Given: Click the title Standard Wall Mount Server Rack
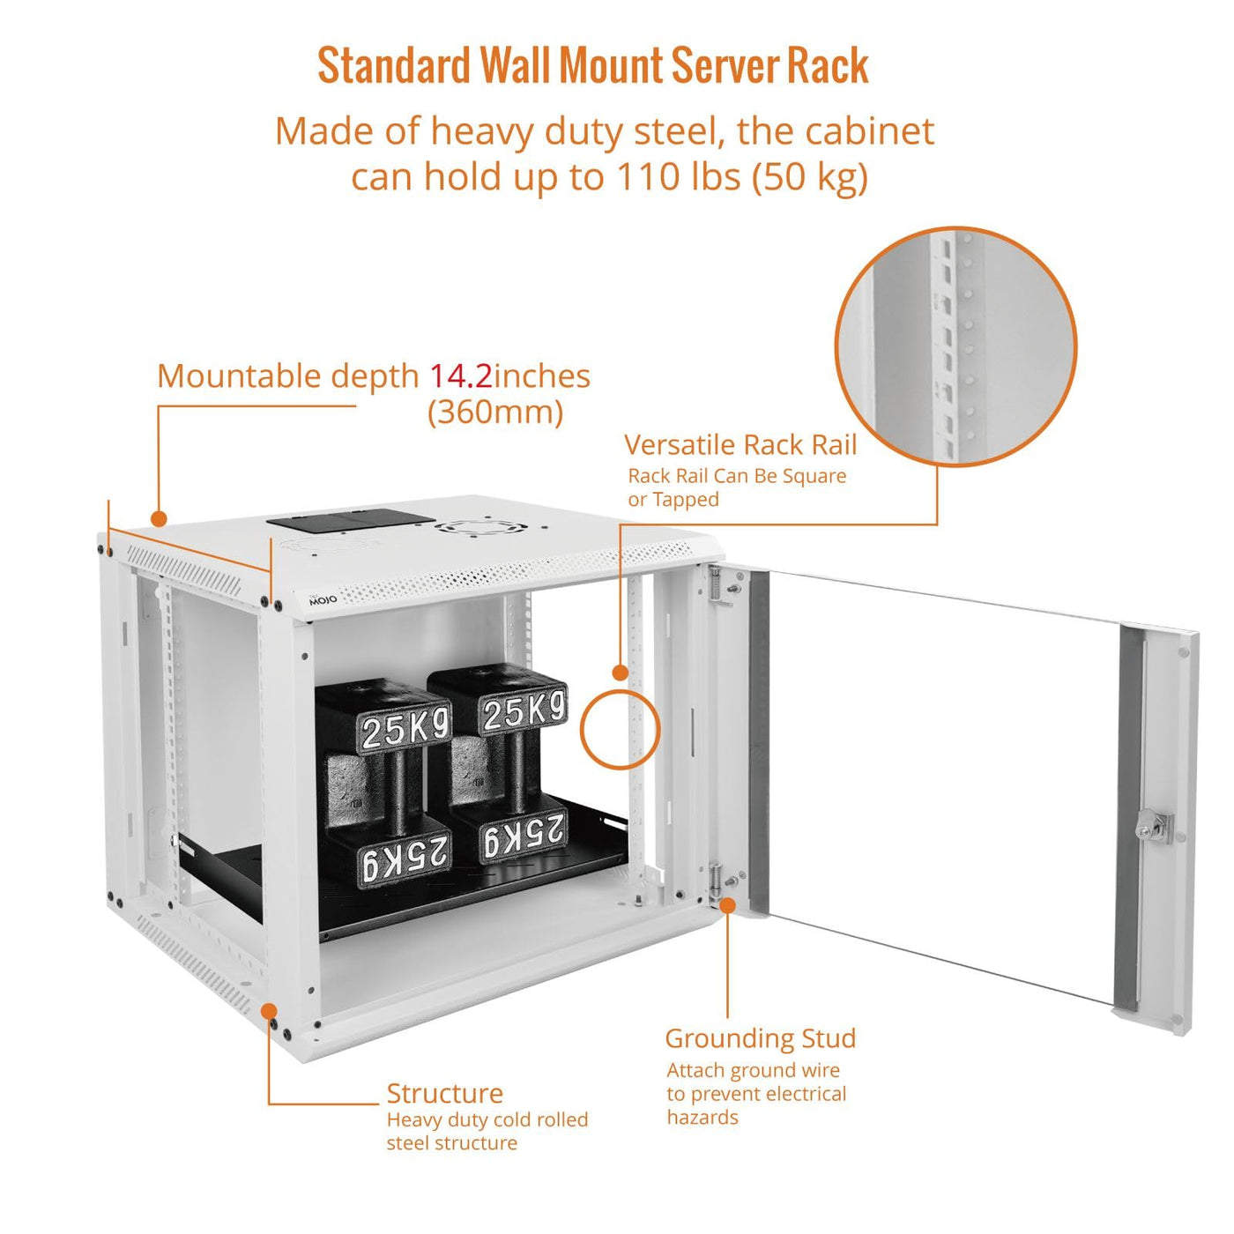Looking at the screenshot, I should pos(592,66).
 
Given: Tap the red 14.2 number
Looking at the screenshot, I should pos(460,376).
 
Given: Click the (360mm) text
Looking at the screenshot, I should pos(495,412).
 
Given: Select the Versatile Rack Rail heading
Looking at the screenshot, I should pos(740,444).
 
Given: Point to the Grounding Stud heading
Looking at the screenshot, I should pos(760,1038).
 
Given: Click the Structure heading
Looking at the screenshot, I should pos(444,1093).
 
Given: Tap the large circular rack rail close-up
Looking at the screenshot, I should pos(955,346).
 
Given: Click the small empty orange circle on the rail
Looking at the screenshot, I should pos(620,728).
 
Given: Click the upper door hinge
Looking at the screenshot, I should pos(717,585).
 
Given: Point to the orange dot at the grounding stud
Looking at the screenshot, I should pos(727,904).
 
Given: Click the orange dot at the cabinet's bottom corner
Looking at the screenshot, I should pos(269,1011).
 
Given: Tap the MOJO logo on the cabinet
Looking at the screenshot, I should pos(323,598).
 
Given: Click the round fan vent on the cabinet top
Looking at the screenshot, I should pos(480,529).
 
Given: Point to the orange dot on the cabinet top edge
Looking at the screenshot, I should pos(159,518).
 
